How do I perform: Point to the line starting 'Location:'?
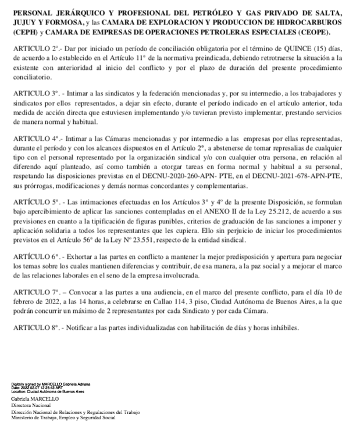(50, 391)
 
